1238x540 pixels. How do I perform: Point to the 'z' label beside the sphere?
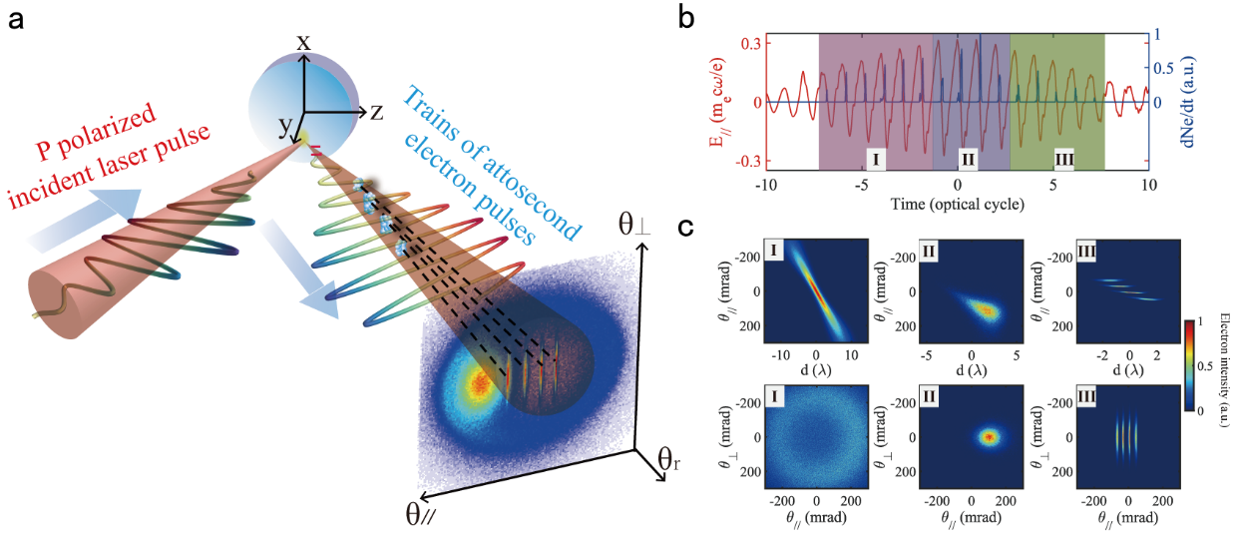[376, 111]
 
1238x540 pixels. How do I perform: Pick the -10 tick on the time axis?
[765, 186]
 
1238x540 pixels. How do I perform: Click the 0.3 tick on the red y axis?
[749, 44]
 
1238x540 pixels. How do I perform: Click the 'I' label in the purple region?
[873, 160]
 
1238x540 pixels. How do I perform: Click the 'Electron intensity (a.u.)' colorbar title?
[1226, 365]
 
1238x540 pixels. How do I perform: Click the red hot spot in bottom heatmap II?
[989, 437]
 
